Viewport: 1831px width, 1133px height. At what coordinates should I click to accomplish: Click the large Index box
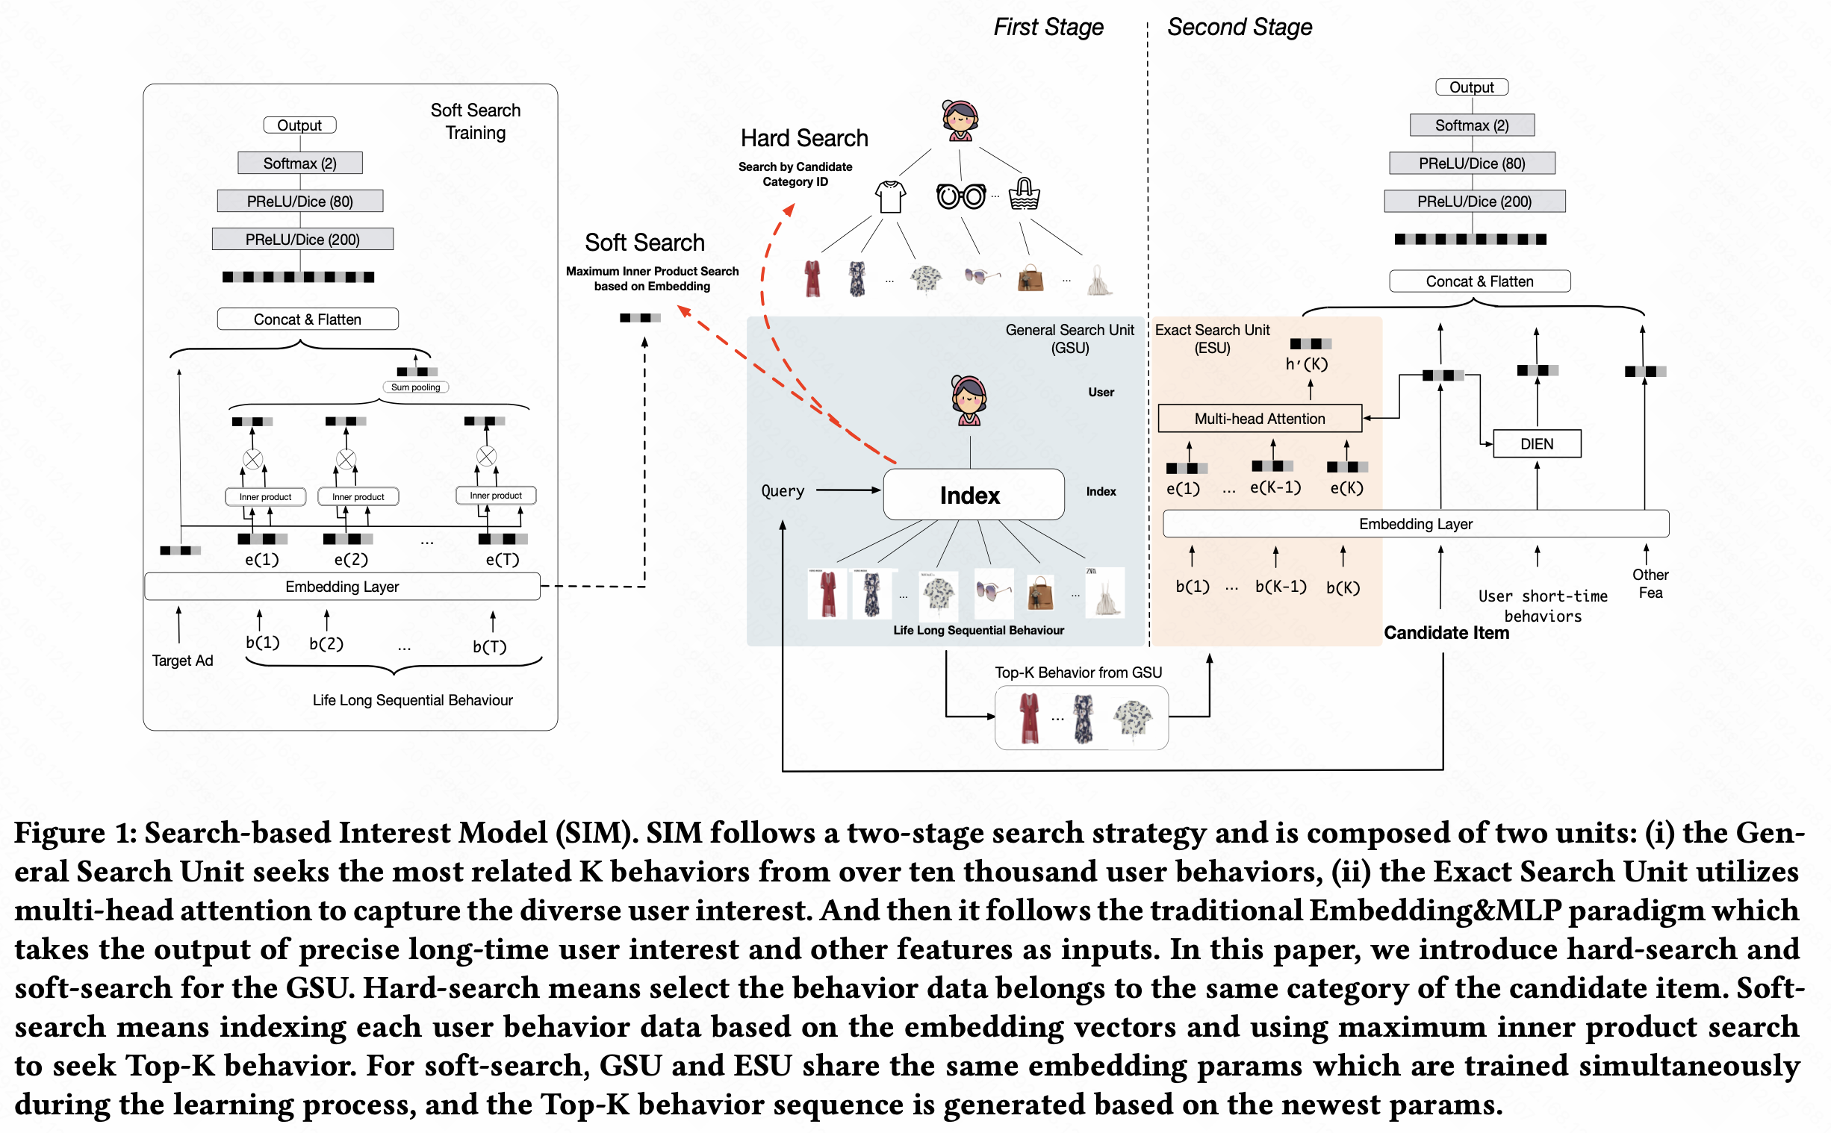[x=973, y=495]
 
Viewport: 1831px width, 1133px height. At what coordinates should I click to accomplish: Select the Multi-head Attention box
[x=1259, y=419]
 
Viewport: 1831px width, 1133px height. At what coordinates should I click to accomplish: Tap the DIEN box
[x=1537, y=443]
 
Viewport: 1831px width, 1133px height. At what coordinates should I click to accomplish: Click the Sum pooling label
[x=415, y=387]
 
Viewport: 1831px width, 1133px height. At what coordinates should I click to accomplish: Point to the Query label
[x=783, y=491]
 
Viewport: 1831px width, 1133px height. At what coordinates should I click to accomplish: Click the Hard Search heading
[x=804, y=139]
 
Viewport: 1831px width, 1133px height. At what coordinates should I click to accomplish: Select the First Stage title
[x=1048, y=27]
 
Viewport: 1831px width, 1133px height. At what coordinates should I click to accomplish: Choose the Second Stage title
[x=1239, y=27]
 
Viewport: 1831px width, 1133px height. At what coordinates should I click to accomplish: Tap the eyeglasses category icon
[x=961, y=196]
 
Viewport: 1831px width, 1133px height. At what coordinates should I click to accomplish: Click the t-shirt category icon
[x=890, y=197]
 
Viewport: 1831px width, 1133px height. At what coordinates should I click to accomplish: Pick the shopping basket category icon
[x=1024, y=194]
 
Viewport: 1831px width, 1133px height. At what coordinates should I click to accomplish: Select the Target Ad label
[x=182, y=660]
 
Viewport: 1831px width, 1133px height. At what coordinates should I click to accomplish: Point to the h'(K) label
[x=1306, y=364]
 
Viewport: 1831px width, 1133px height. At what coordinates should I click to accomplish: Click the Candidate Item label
[x=1446, y=633]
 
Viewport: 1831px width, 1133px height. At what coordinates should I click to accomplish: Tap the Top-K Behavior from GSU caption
[x=1078, y=672]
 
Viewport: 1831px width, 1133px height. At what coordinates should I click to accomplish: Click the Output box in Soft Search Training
[x=299, y=125]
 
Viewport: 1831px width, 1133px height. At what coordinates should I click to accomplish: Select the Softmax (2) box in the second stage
[x=1471, y=125]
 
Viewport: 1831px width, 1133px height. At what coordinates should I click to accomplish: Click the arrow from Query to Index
[x=848, y=490]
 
